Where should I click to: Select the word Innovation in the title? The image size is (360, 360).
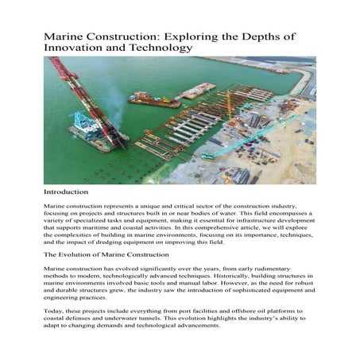coord(76,48)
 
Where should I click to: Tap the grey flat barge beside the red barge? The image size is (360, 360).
coord(195,90)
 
